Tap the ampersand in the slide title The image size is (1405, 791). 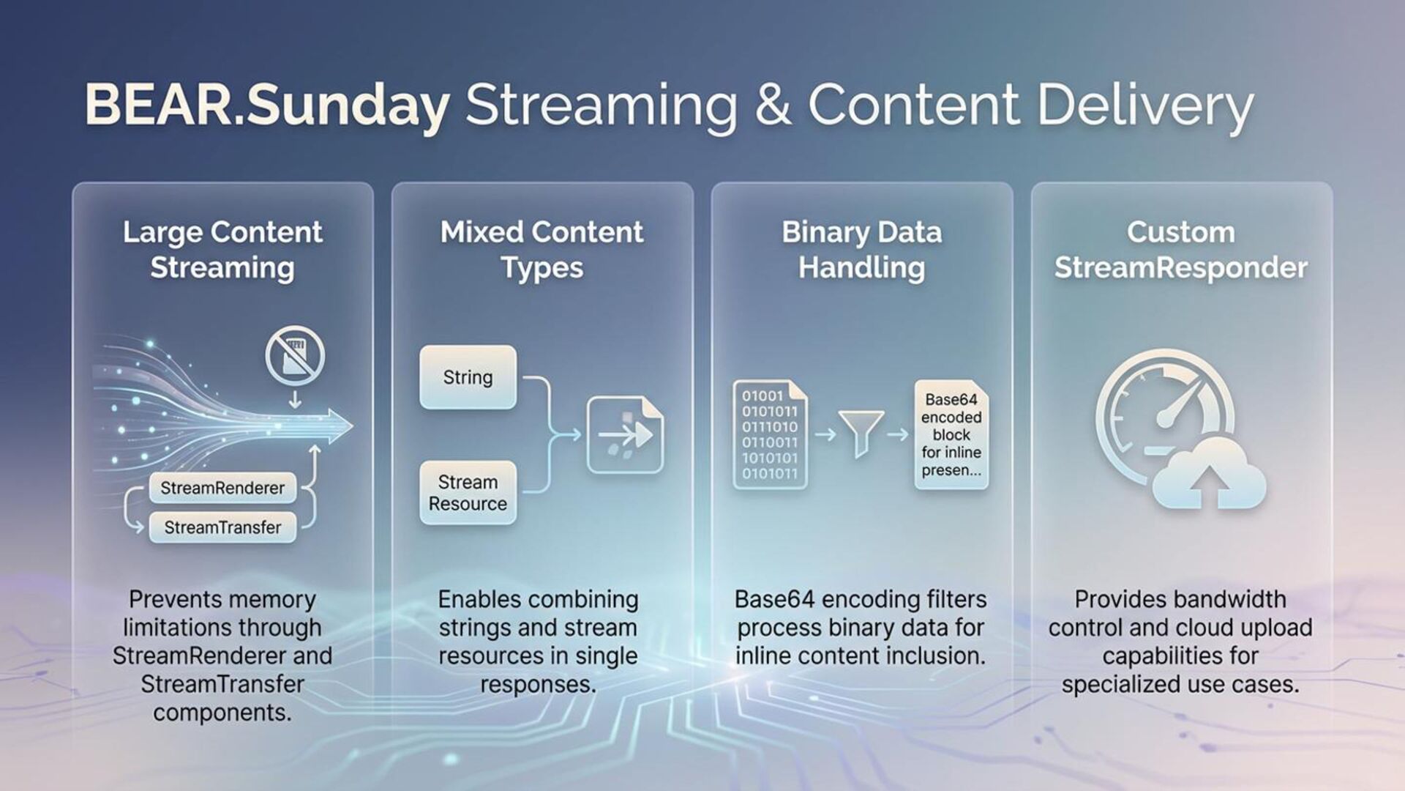click(x=773, y=105)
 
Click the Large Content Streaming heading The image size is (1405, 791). click(x=222, y=250)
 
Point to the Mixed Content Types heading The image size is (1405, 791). click(x=542, y=250)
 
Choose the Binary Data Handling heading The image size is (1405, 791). click(x=861, y=250)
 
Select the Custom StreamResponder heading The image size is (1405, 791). click(x=1180, y=250)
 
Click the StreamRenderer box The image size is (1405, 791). click(x=222, y=488)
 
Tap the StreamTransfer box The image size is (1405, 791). click(x=222, y=527)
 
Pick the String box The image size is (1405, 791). click(x=468, y=377)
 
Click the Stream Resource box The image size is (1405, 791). click(x=468, y=493)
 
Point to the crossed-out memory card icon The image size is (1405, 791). click(x=295, y=356)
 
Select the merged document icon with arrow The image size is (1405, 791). click(x=625, y=435)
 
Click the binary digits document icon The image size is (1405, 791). click(x=770, y=434)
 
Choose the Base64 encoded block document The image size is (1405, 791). click(x=951, y=434)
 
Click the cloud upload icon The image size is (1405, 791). click(x=1209, y=475)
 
